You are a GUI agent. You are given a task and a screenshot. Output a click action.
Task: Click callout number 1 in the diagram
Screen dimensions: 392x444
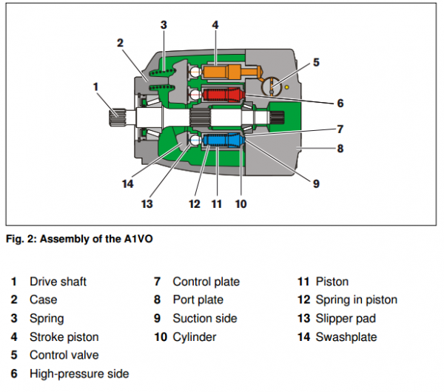(x=95, y=87)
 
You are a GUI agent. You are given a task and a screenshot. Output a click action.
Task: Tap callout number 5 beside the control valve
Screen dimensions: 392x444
(x=316, y=63)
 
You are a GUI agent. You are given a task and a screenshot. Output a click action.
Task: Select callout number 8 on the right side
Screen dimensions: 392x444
(x=340, y=148)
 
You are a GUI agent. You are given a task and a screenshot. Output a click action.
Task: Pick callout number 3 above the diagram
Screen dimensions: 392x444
(x=164, y=25)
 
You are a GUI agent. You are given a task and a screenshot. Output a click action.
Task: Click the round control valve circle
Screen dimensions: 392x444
(x=273, y=87)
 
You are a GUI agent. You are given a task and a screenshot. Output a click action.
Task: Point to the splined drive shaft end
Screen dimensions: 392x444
(x=118, y=116)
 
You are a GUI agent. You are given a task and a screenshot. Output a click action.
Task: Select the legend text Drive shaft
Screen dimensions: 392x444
(x=58, y=282)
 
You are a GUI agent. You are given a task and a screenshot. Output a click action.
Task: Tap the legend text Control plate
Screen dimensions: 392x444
(x=206, y=282)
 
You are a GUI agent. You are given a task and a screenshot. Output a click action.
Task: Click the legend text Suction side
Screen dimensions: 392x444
(x=205, y=319)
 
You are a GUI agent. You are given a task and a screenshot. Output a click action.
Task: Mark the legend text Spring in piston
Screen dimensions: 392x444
(x=356, y=300)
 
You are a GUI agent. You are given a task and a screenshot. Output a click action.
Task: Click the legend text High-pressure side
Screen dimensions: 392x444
(x=79, y=374)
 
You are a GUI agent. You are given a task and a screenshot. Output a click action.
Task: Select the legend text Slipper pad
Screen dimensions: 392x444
(x=346, y=319)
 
